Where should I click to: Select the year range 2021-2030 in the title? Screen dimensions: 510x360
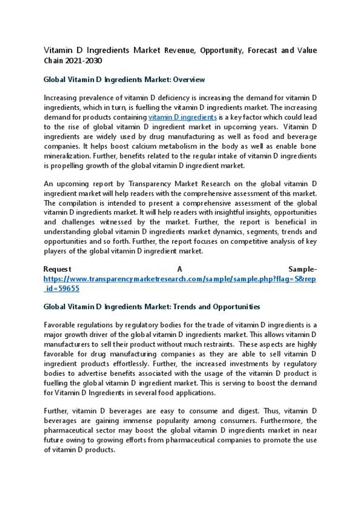coord(83,60)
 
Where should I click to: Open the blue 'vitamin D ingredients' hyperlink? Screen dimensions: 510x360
coord(182,118)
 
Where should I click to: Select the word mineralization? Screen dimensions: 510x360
coord(67,156)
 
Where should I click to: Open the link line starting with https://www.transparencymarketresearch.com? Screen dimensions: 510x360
coord(180,279)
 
